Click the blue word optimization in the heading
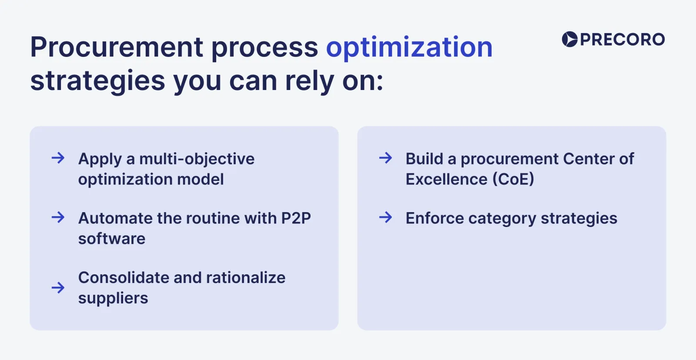pos(409,48)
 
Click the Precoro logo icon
pos(569,39)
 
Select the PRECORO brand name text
pos(622,40)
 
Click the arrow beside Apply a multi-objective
pos(58,158)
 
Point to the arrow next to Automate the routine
pos(58,217)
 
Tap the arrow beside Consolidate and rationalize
pos(58,287)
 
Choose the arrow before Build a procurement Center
pos(385,158)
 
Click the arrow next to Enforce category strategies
pos(385,217)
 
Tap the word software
pos(112,239)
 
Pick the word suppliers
pos(113,299)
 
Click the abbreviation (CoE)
pos(513,179)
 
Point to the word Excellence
pos(446,179)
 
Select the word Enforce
pos(435,218)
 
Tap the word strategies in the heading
pos(97,81)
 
